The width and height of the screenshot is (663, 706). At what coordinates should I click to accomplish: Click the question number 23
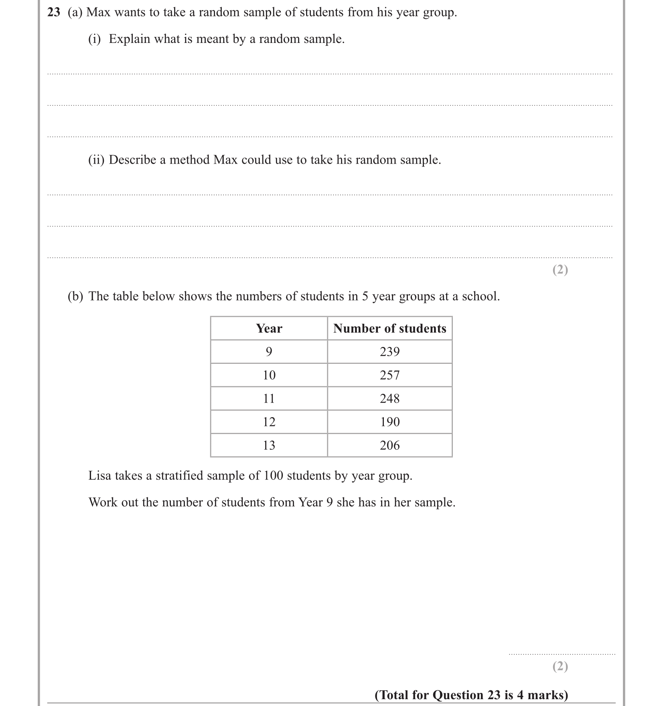coord(54,12)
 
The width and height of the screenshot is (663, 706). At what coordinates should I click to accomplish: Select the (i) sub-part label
coord(94,39)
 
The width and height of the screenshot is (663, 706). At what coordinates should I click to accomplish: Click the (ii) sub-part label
coord(96,160)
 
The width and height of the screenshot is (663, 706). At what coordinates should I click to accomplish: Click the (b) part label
coord(75,296)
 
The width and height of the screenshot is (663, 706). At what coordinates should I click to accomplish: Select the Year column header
coord(269,329)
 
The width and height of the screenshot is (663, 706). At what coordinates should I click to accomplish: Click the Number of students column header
coord(389,329)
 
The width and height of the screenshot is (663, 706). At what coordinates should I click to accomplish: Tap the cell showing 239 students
coord(389,352)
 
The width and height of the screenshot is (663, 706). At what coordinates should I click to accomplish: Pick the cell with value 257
coord(389,375)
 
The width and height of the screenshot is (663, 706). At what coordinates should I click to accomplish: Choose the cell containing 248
coord(389,398)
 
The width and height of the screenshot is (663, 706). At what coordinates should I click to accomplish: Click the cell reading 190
coord(389,422)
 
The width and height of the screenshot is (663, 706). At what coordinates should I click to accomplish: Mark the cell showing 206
coord(389,445)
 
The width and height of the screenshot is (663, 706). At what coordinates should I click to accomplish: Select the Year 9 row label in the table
coord(269,352)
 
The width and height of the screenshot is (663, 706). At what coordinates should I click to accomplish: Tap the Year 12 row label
coord(269,422)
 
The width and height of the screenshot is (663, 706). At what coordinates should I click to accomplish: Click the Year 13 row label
coord(269,445)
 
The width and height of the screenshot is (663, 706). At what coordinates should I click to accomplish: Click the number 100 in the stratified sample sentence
coord(273,476)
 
